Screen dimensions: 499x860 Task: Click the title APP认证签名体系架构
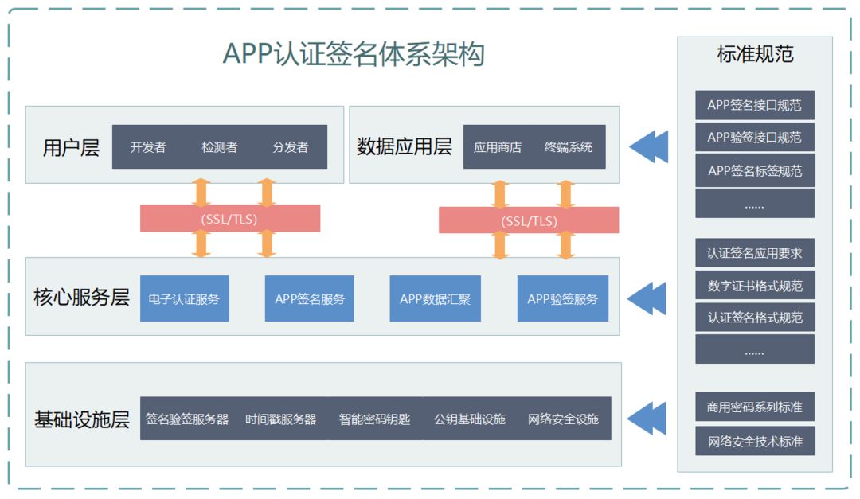coord(354,55)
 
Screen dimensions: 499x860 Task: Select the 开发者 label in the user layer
coord(148,147)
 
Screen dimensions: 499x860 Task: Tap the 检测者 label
coord(219,147)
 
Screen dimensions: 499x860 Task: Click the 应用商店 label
coord(497,147)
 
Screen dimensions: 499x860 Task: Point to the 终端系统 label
coord(569,147)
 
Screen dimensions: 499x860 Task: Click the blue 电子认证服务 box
coord(184,299)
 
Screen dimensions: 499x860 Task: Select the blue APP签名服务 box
coord(310,299)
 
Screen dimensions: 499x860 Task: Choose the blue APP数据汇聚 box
coord(435,299)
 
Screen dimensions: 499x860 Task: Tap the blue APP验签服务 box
coord(562,299)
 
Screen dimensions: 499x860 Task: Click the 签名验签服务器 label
coord(187,419)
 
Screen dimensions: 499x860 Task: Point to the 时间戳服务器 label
coord(280,419)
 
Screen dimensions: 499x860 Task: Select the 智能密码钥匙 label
coord(374,419)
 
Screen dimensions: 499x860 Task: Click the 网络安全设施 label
coord(563,419)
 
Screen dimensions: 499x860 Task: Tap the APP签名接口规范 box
coord(754,105)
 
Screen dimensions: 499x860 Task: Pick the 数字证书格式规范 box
coord(754,286)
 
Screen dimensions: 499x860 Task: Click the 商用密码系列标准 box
coord(754,407)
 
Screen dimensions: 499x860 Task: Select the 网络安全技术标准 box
coord(754,441)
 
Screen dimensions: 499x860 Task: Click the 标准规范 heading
coord(755,55)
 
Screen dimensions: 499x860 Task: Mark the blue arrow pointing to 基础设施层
coord(647,418)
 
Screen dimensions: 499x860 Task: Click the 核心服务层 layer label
coord(81,298)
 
